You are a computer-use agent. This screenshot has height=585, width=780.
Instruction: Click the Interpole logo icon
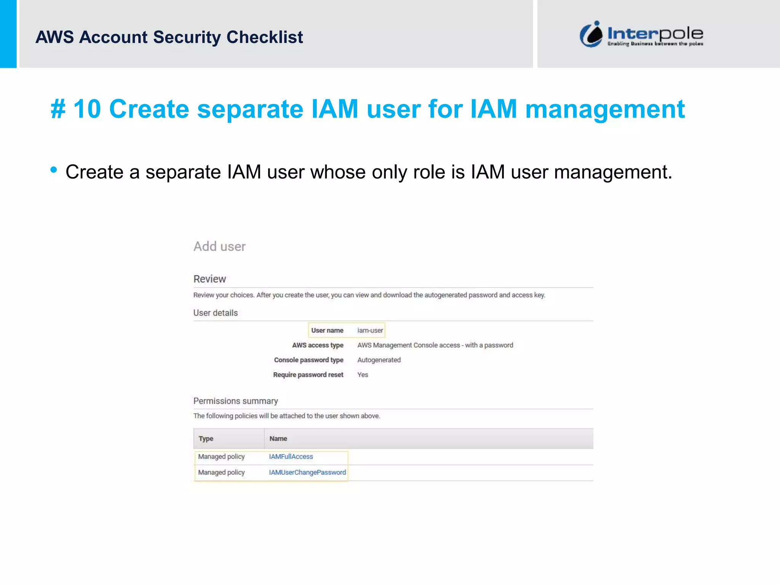pyautogui.click(x=591, y=35)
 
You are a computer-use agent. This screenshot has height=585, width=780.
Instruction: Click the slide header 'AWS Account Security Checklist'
pyautogui.click(x=169, y=37)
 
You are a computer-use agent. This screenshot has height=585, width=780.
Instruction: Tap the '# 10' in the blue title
pyautogui.click(x=75, y=109)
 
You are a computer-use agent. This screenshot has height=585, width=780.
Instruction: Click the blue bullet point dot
pyautogui.click(x=54, y=170)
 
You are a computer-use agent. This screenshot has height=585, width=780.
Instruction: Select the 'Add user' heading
pyautogui.click(x=219, y=246)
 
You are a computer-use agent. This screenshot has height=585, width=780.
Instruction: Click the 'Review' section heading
pyautogui.click(x=209, y=279)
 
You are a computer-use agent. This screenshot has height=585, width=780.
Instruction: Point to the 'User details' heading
pyautogui.click(x=215, y=313)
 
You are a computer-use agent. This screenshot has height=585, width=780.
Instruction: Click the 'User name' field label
pyautogui.click(x=327, y=330)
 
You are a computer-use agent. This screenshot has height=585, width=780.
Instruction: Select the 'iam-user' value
pyautogui.click(x=370, y=330)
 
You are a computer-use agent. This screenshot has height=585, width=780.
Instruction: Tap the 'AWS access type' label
pyautogui.click(x=318, y=345)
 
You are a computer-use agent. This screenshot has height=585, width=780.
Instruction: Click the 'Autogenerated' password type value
pyautogui.click(x=379, y=360)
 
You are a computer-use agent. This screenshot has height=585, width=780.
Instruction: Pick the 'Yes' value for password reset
pyautogui.click(x=363, y=375)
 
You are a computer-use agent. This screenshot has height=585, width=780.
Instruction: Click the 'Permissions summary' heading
pyautogui.click(x=235, y=401)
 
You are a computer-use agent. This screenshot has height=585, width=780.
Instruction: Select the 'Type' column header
pyautogui.click(x=206, y=439)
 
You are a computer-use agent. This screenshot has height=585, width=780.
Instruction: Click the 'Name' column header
pyautogui.click(x=278, y=439)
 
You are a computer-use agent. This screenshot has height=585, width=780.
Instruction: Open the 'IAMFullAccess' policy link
pyautogui.click(x=291, y=457)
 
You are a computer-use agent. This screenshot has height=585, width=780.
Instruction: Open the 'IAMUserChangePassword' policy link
pyautogui.click(x=307, y=472)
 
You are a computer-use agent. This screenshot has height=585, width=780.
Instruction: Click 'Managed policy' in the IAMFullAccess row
pyautogui.click(x=221, y=457)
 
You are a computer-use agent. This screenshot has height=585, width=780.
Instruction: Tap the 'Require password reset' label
pyautogui.click(x=308, y=375)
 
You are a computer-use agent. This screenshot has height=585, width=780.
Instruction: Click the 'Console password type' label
pyautogui.click(x=308, y=360)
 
